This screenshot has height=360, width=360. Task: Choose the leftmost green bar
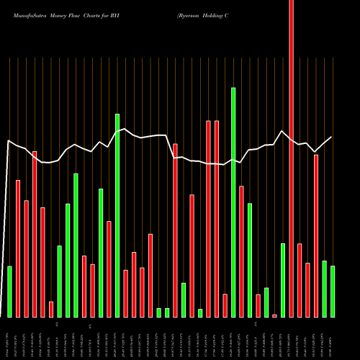coord(10,292)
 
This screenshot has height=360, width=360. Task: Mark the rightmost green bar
coord(333,292)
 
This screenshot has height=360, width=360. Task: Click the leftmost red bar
coord(18,248)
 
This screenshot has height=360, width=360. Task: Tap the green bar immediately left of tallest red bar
coord(283,280)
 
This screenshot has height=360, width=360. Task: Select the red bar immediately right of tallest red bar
coord(300,280)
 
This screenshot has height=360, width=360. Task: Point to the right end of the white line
coord(332,137)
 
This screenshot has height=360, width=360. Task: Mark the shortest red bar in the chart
coord(274,315)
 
